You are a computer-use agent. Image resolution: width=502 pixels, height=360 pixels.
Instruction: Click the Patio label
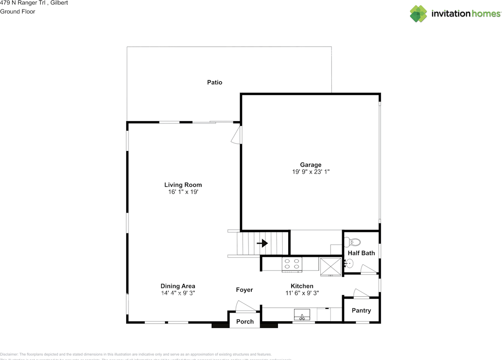pyautogui.click(x=215, y=82)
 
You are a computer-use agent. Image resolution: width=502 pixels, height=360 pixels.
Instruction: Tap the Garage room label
pyautogui.click(x=311, y=165)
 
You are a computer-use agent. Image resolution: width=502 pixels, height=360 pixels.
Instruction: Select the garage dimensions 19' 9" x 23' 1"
pyautogui.click(x=311, y=172)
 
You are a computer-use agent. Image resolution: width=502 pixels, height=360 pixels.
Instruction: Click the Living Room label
pyautogui.click(x=183, y=185)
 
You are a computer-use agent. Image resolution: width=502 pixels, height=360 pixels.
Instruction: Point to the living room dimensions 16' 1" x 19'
pyautogui.click(x=183, y=192)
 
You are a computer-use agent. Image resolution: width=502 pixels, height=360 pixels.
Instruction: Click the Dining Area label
pyautogui.click(x=178, y=286)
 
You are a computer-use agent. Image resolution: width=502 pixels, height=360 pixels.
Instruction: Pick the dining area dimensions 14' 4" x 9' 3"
pyautogui.click(x=178, y=293)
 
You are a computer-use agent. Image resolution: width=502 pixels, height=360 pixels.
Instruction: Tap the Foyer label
pyautogui.click(x=244, y=290)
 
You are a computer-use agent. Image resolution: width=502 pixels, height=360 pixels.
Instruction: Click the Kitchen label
pyautogui.click(x=302, y=286)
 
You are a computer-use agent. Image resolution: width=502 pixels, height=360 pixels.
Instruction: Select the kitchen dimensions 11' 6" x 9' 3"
pyautogui.click(x=302, y=293)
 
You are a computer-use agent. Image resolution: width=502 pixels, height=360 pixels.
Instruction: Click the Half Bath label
pyautogui.click(x=361, y=253)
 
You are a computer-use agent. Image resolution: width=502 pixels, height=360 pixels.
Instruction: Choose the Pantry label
pyautogui.click(x=361, y=310)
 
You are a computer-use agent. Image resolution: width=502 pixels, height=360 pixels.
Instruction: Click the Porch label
pyautogui.click(x=245, y=322)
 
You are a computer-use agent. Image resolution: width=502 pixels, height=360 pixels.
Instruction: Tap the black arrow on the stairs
pyautogui.click(x=262, y=244)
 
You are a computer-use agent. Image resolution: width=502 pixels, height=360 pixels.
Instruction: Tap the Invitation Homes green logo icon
pyautogui.click(x=418, y=14)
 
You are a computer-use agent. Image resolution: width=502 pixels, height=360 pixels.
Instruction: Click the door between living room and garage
pyautogui.click(x=237, y=135)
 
